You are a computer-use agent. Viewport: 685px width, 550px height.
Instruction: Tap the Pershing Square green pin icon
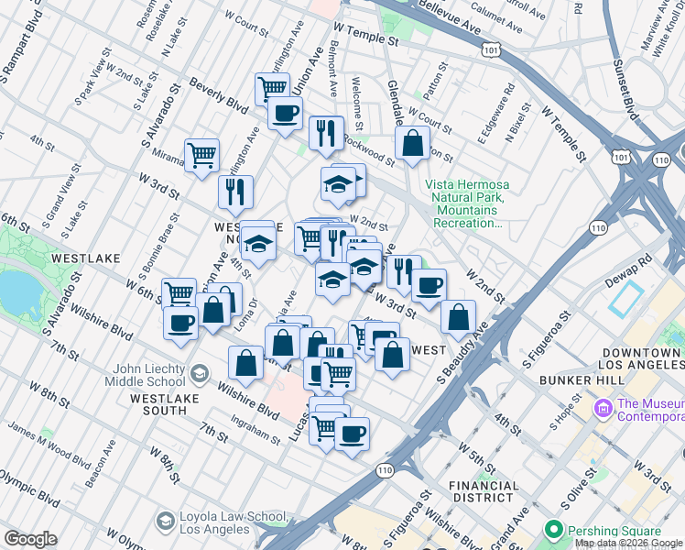pos(553,530)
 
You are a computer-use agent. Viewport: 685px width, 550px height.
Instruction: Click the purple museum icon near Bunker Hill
pos(603,406)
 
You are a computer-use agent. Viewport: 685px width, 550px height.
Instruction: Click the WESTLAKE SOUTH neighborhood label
pos(167,399)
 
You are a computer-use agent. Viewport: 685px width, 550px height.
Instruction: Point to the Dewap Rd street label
pos(630,260)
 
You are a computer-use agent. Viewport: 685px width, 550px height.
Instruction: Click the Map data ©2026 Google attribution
pos(628,543)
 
